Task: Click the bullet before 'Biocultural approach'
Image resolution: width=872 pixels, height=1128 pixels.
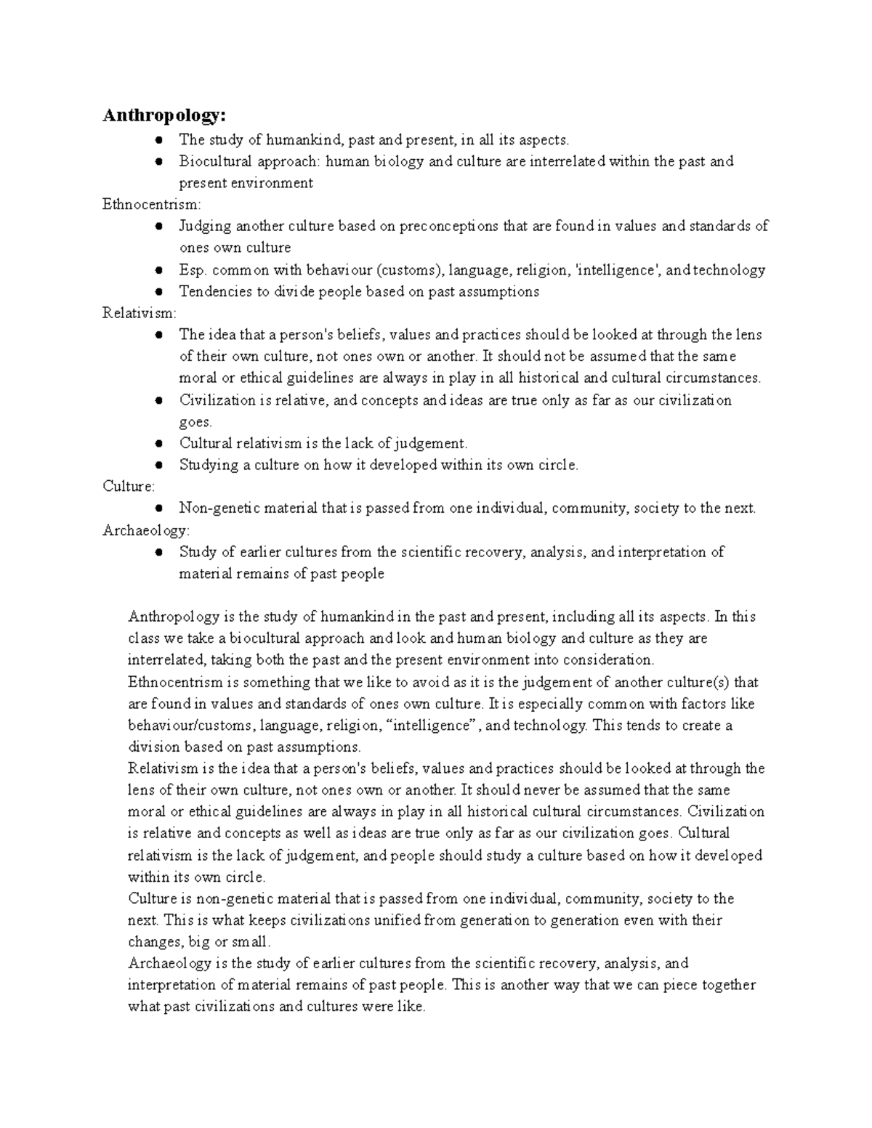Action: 158,161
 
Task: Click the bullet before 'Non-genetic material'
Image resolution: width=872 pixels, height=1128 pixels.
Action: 158,508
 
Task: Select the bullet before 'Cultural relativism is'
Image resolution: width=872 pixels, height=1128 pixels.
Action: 158,444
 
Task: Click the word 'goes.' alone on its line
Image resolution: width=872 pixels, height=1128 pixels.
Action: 195,422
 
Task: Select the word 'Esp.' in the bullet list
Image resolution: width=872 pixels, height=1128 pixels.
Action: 193,270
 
